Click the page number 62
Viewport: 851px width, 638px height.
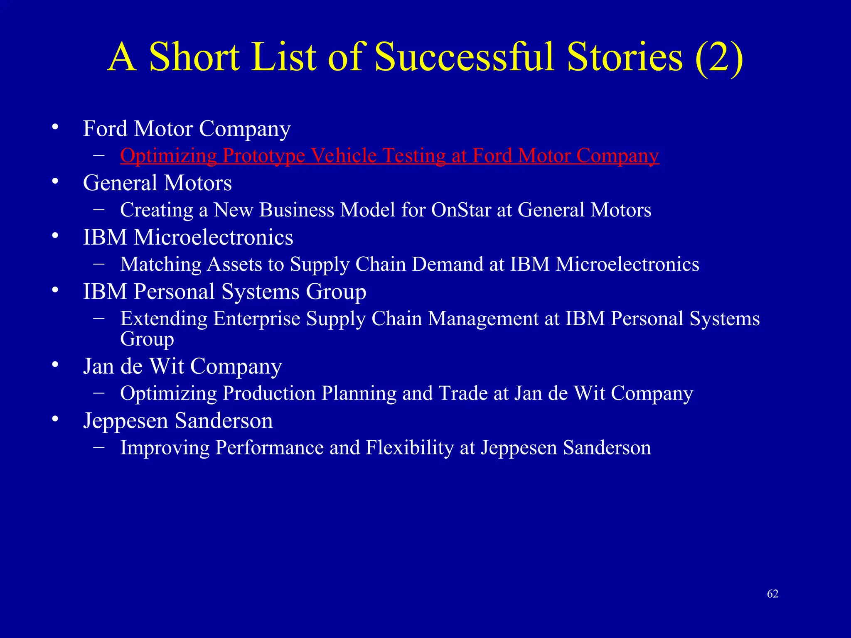(x=772, y=594)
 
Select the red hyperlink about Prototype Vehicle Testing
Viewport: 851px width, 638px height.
(x=389, y=156)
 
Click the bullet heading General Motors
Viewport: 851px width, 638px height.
(x=157, y=183)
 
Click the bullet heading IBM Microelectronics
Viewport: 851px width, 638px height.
(x=188, y=238)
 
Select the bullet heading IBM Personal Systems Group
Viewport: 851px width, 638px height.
(x=224, y=292)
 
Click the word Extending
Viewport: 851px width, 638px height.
(x=164, y=319)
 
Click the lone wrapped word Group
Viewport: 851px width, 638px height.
(x=147, y=339)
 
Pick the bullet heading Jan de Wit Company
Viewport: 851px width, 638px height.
(x=182, y=366)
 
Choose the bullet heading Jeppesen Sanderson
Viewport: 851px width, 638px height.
(x=178, y=421)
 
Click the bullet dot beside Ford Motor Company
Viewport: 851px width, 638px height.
(x=55, y=127)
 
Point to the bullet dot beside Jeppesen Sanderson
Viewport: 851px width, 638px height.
(x=55, y=420)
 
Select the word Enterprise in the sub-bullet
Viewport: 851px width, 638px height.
(x=256, y=319)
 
